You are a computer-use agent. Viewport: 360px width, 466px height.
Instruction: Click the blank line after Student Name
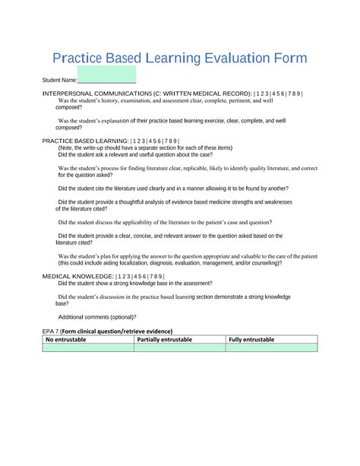106,80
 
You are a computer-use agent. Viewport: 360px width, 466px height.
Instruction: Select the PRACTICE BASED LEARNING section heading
84,141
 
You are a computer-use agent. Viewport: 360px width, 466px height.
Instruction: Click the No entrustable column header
66,339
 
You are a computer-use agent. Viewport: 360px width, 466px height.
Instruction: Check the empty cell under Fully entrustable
271,347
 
